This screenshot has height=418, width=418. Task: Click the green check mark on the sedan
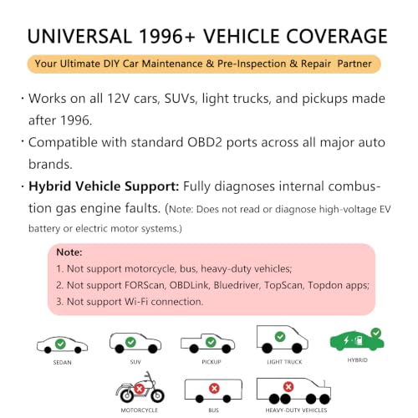(x=60, y=344)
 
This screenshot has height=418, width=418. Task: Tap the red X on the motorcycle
(x=140, y=389)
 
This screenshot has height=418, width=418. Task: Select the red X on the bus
(x=214, y=388)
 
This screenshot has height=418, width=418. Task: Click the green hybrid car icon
(x=357, y=340)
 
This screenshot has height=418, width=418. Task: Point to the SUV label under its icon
(x=135, y=362)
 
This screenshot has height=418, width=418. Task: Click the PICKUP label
(x=212, y=362)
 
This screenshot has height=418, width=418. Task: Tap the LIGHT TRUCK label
(x=284, y=362)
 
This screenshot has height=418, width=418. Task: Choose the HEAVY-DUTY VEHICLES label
(x=296, y=410)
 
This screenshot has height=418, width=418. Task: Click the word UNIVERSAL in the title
(x=79, y=36)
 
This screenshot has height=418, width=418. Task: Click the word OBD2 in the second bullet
(x=205, y=142)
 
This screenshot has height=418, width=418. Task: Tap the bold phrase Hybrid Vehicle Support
(x=104, y=186)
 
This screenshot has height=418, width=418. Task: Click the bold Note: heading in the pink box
(x=69, y=252)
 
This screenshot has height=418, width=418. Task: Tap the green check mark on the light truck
(x=280, y=337)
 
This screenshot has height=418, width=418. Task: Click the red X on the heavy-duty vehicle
(x=288, y=387)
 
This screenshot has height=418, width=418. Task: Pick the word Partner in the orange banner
(x=354, y=64)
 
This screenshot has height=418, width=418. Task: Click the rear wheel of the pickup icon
(x=194, y=349)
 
